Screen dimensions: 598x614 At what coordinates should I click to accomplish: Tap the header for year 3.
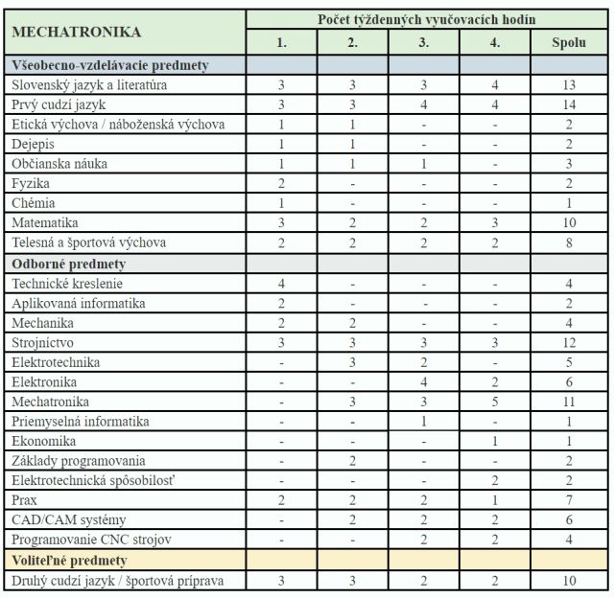pos(424,42)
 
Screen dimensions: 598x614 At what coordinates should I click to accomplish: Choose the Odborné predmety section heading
pos(69,263)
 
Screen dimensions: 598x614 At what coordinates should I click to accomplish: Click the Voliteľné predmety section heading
pos(70,560)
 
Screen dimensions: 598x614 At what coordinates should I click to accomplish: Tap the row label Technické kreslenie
pos(67,283)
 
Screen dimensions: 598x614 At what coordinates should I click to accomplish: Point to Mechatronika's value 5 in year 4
pos(495,402)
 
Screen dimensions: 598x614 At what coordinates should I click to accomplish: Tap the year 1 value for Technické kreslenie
pos(281,283)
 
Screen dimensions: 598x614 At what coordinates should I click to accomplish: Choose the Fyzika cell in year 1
pos(281,184)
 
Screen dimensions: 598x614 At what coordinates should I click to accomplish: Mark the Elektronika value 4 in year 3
pos(424,381)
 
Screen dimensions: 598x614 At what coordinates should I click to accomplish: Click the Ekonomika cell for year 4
pos(495,441)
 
